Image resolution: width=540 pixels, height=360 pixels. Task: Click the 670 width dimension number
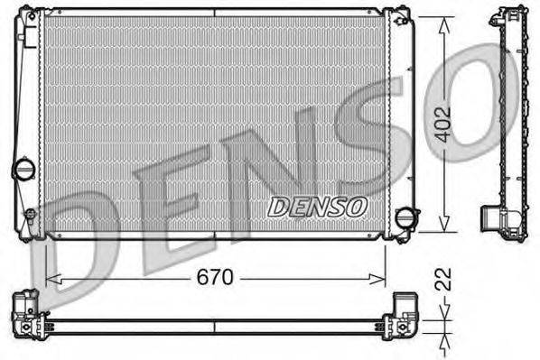pos(216,278)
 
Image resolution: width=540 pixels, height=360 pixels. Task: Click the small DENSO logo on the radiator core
pos(318,207)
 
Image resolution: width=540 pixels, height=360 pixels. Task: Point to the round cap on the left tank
pos(23,169)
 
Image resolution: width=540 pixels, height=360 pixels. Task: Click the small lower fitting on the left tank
pos(29,217)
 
